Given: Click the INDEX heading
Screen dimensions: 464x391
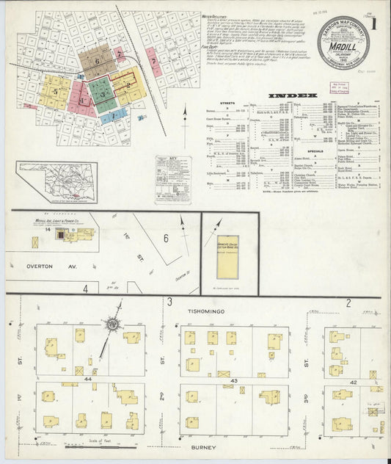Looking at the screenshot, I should pos(292,95).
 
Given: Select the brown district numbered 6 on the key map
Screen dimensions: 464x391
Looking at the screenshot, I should pos(96,61).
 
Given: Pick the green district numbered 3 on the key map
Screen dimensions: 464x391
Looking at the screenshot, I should pos(104,94).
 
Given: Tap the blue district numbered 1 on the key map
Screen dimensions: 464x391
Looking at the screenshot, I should pos(112,115).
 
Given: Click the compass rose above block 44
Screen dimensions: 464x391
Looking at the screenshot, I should pos(112,324).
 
